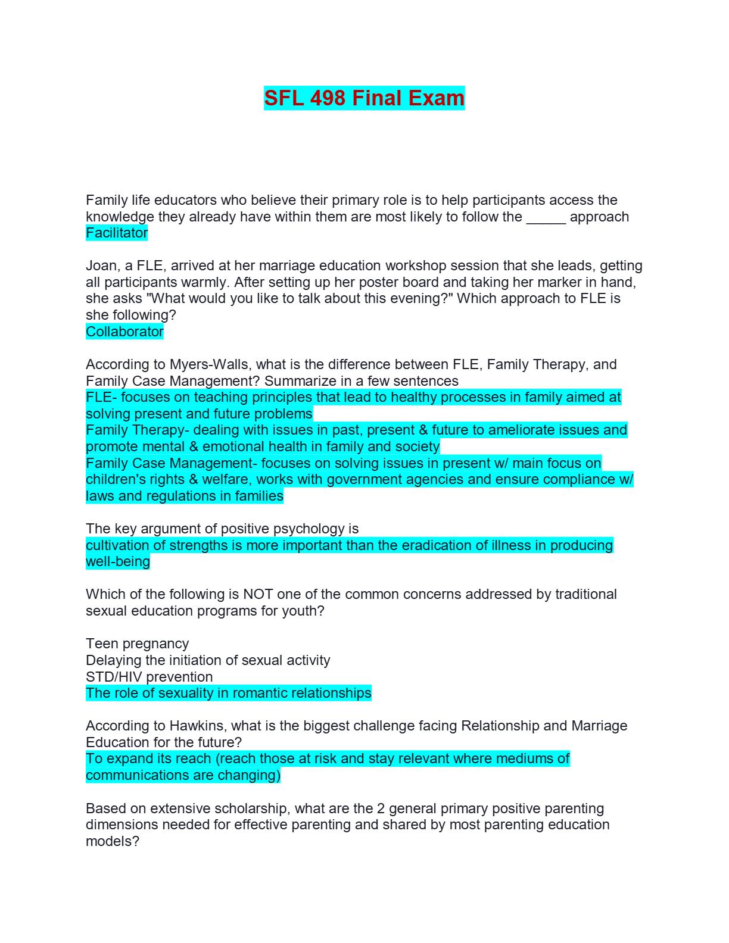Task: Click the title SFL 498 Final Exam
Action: (x=364, y=98)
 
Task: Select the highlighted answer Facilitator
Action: (x=117, y=233)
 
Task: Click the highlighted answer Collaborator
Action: (x=124, y=332)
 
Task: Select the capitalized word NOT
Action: (x=257, y=594)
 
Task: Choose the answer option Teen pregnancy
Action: (x=137, y=644)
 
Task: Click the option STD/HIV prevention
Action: (x=149, y=677)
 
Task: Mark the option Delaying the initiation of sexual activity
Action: (x=208, y=660)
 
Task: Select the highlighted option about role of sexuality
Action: (x=228, y=693)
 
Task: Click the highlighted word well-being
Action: (x=118, y=561)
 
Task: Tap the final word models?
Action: (x=113, y=841)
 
